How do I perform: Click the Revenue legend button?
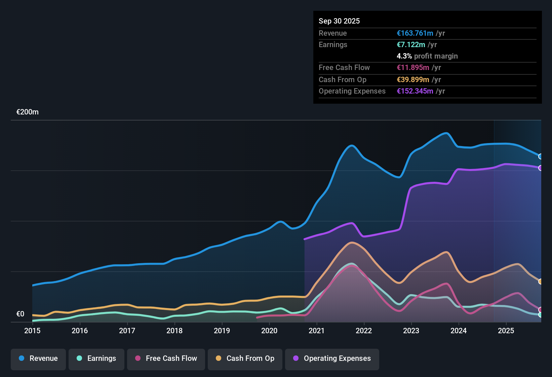38,358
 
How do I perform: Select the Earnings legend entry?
96,358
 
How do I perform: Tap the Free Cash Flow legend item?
166,358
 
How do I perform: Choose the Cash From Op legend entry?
245,358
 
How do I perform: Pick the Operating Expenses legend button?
332,358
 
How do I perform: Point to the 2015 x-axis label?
32,331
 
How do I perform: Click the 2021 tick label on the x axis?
316,331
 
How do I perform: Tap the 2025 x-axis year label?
506,331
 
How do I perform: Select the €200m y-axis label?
28,112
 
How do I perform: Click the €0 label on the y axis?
21,314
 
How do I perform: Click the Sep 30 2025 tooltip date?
339,21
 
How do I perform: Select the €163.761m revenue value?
415,33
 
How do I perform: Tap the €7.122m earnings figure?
411,45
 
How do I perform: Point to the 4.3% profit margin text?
427,56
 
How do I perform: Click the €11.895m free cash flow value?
413,68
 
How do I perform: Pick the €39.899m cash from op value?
413,80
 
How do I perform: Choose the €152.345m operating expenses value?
415,91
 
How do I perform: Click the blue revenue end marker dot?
541,157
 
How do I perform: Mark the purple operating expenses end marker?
541,168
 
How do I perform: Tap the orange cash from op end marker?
541,281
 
